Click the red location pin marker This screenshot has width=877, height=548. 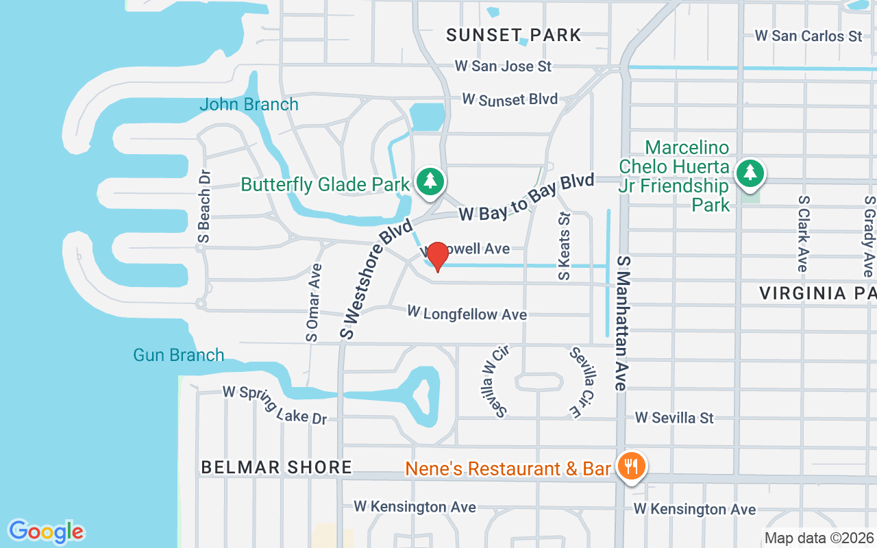coord(437,256)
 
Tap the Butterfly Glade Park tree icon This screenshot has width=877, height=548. coord(430,182)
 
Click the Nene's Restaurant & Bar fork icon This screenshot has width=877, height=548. coord(630,467)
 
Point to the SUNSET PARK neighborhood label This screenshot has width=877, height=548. coord(513,35)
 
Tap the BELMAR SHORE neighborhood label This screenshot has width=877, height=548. coord(276,468)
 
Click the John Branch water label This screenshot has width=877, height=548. coord(249,105)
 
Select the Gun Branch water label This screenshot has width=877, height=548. coord(178,355)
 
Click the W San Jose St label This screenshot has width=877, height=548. coord(503,66)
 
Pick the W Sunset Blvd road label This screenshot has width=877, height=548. coord(510,99)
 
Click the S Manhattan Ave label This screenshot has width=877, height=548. coord(622,323)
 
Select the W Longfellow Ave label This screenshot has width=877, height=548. coord(467,314)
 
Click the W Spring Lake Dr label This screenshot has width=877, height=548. coord(275,404)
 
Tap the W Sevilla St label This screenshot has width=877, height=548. coord(674,417)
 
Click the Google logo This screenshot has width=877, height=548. coord(46,531)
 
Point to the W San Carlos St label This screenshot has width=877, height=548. coord(808,36)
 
